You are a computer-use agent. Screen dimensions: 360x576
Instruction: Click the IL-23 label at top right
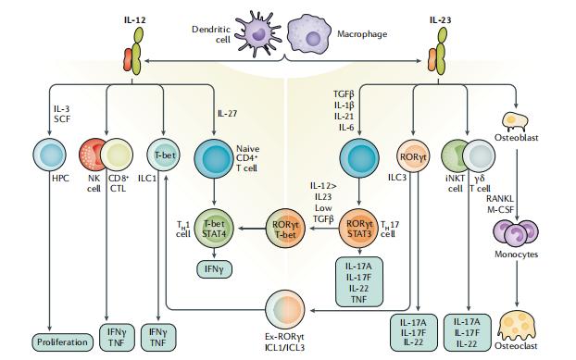point(441,17)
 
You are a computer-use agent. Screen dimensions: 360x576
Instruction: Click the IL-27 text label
point(228,114)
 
